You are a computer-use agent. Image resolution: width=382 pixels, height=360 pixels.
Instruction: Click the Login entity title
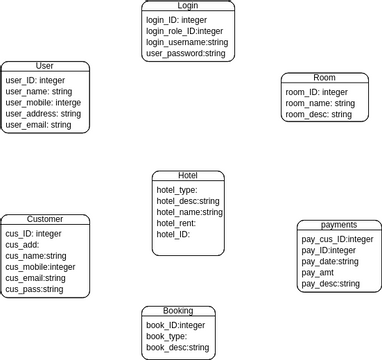[188, 6]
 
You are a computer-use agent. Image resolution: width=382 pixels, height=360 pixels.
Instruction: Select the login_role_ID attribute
[185, 31]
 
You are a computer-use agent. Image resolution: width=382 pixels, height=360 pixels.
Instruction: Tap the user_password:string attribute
[186, 53]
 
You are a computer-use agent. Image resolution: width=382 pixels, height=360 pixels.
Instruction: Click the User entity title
[44, 66]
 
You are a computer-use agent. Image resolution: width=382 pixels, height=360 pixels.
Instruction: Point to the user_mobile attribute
[44, 103]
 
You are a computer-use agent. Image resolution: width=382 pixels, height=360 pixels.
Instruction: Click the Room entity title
[324, 77]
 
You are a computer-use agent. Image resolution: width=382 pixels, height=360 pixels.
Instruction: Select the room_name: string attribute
[320, 103]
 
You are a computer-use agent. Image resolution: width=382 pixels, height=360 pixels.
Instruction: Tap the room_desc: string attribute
[319, 114]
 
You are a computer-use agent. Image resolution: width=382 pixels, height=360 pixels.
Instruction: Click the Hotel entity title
[187, 175]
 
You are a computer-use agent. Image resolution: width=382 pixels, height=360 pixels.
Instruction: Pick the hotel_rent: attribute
[176, 223]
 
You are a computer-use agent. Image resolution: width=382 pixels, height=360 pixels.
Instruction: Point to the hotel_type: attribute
[177, 190]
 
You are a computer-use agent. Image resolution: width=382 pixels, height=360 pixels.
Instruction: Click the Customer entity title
[44, 219]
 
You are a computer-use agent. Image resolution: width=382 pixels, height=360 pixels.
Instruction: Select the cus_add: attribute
[22, 245]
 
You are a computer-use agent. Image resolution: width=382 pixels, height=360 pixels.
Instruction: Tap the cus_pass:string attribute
[34, 289]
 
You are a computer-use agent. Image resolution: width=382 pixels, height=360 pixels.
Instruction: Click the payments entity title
[339, 225]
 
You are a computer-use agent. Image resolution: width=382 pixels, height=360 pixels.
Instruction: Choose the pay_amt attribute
[317, 272]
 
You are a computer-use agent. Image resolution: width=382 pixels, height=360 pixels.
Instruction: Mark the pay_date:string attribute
[330, 261]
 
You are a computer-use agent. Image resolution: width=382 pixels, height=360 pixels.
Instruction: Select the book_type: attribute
[167, 336]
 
